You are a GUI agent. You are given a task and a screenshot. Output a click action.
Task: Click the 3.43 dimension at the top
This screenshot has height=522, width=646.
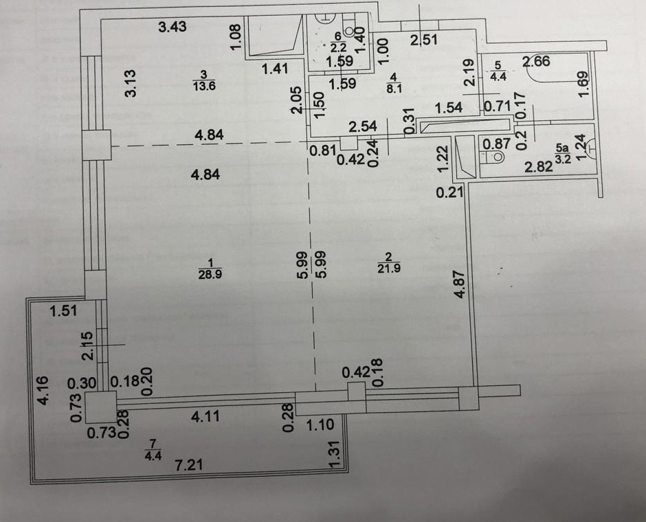(172, 27)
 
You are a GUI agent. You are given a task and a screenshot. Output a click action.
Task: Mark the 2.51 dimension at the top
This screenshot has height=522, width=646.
(424, 41)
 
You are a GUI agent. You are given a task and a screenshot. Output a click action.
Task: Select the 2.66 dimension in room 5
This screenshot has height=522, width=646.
(537, 63)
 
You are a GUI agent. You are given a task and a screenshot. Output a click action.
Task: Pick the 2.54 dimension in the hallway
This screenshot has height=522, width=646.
(362, 126)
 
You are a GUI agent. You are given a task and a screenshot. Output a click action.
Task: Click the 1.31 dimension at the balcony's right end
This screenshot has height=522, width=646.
(335, 455)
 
